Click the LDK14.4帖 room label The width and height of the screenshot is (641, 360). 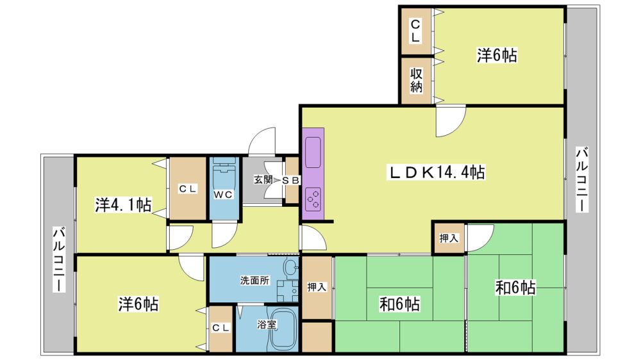coord(436,172)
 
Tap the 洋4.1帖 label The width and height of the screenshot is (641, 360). coord(124,205)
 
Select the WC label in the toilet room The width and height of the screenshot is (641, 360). coord(223,195)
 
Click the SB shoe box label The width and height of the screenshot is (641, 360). coord(292,180)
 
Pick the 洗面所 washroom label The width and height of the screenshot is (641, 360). coord(254,281)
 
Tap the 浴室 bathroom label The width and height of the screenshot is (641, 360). coord(267,325)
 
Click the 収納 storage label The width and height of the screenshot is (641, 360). coord(416,81)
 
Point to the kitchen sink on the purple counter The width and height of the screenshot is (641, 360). coord(313,152)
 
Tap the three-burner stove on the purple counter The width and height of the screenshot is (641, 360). coord(313,199)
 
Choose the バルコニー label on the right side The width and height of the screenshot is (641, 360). coord(582,180)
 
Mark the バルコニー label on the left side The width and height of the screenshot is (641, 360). coord(58,260)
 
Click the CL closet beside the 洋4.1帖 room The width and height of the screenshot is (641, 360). coord(188,189)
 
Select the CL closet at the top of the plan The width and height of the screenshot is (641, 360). coord(416,31)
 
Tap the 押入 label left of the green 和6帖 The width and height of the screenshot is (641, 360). coord(317,287)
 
